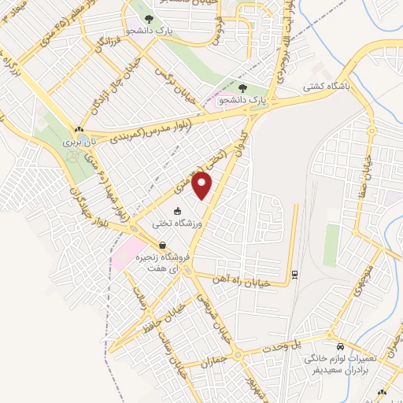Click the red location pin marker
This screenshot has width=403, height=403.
[203, 185]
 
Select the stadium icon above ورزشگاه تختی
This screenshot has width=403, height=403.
[178, 210]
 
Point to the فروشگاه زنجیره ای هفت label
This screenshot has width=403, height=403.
[167, 263]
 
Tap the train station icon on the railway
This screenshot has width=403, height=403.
[294, 273]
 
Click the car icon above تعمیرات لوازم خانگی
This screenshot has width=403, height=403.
[340, 346]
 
